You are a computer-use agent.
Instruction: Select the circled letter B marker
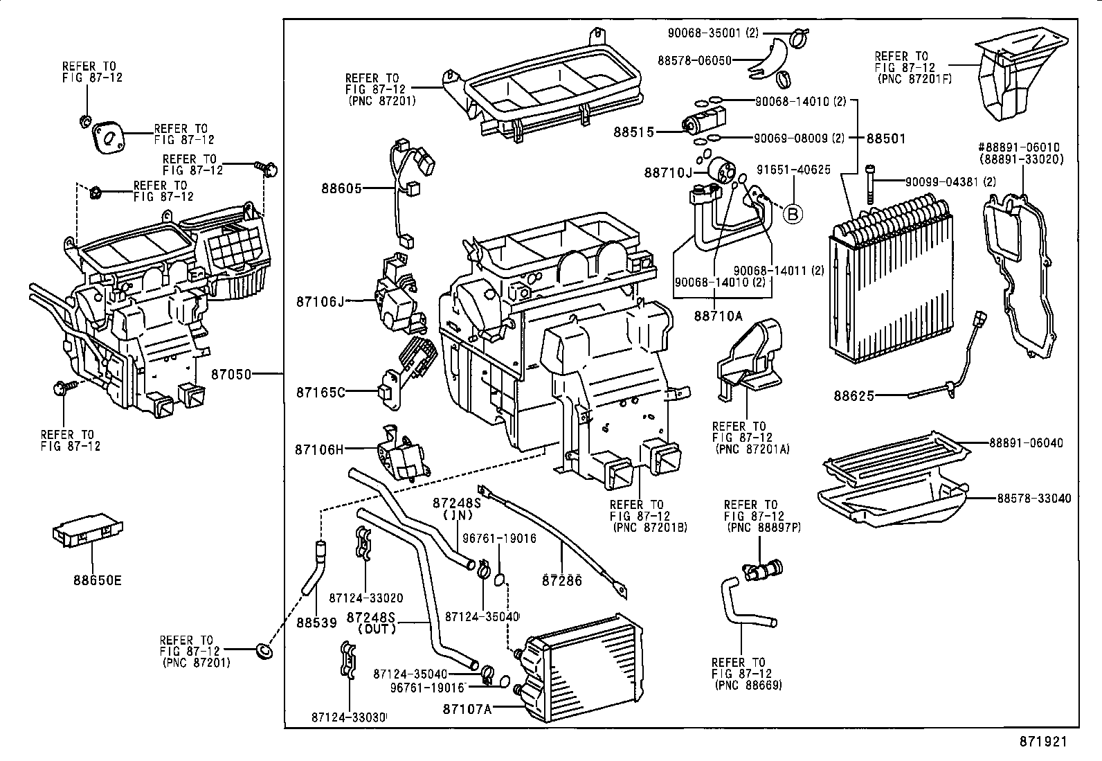coord(793,214)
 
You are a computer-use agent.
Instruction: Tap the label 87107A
coord(467,708)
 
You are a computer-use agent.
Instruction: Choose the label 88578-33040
coord(1033,499)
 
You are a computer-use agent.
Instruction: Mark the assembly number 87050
coord(231,375)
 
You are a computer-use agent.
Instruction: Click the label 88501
coord(886,138)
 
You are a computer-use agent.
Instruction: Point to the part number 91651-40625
coord(793,170)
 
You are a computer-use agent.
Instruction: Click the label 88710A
coord(718,316)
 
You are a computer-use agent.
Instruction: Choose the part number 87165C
coord(320,393)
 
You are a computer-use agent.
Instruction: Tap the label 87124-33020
coord(366,598)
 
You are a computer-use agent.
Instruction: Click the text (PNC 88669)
coord(748,685)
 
